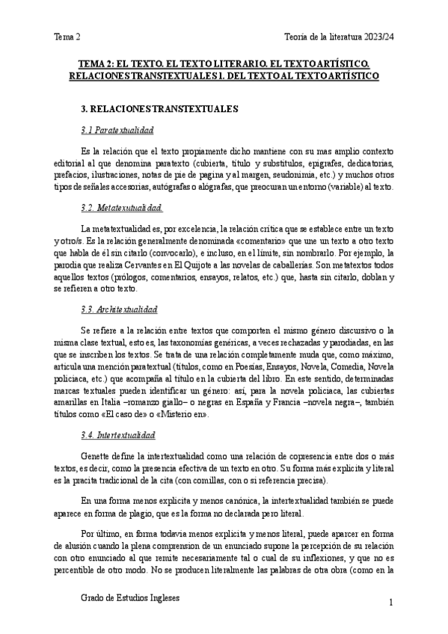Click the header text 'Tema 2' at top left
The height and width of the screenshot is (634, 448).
67,36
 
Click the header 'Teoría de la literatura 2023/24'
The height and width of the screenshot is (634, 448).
339,36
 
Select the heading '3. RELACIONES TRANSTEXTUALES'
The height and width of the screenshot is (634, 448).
159,108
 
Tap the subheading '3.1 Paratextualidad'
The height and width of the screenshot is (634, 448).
116,131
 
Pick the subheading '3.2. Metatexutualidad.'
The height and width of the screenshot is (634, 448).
121,206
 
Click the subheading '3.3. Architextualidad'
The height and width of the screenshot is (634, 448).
119,308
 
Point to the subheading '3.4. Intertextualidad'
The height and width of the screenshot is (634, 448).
118,434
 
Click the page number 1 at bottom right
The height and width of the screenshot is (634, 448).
390,603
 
